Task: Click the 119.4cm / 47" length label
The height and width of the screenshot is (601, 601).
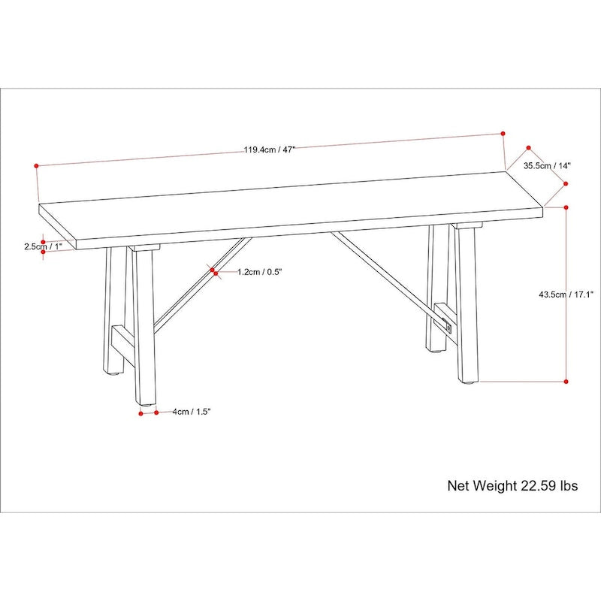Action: pyautogui.click(x=269, y=149)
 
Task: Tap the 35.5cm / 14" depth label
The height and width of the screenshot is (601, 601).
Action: pyautogui.click(x=548, y=165)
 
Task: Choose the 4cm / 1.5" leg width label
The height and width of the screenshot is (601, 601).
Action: pyautogui.click(x=191, y=412)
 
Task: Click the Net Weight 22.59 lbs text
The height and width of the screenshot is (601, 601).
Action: pyautogui.click(x=512, y=486)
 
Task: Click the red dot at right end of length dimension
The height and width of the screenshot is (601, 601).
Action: pyautogui.click(x=502, y=134)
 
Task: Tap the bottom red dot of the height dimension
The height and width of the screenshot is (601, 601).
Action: pyautogui.click(x=566, y=382)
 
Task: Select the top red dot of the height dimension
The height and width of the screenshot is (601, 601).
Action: pyautogui.click(x=566, y=207)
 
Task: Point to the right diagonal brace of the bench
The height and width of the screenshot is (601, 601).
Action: pyautogui.click(x=383, y=272)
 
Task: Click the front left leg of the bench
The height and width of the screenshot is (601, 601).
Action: pyautogui.click(x=143, y=331)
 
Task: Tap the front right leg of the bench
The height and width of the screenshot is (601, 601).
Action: pyautogui.click(x=464, y=308)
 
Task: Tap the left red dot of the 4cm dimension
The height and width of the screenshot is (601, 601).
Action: pyautogui.click(x=141, y=412)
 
